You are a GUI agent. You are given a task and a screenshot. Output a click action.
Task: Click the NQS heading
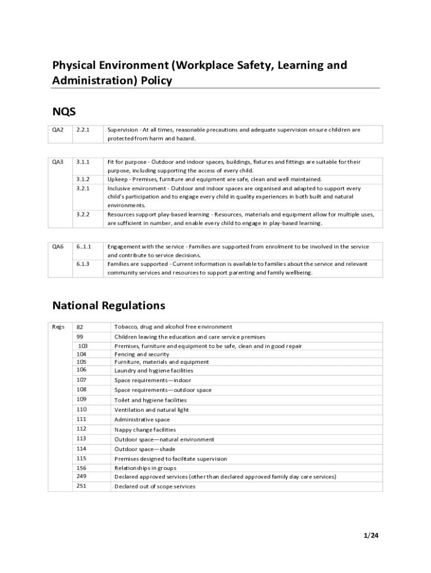64,111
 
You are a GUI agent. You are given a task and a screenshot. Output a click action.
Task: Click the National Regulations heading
109,306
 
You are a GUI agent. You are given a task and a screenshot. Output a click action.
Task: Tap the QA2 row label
58,130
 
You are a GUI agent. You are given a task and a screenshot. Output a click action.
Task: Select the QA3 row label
58,162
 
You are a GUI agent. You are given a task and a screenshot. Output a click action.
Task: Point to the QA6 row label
58,246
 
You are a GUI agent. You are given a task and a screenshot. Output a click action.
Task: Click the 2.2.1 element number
83,130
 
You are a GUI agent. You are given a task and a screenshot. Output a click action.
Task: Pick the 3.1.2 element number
83,179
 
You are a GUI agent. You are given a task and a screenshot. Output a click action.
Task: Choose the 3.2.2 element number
83,214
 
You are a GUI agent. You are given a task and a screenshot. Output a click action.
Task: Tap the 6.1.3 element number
83,264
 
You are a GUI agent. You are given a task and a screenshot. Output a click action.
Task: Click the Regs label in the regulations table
59,327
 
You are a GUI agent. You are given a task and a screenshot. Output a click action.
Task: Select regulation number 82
80,327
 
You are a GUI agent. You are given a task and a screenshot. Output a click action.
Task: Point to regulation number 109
82,400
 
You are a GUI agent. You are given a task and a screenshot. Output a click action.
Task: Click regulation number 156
82,468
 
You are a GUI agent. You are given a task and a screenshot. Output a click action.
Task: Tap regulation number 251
82,486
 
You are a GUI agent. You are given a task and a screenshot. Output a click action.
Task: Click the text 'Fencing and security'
142,354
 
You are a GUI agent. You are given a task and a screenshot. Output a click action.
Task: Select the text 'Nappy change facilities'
145,430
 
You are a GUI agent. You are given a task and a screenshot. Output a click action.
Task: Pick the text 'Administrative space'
142,420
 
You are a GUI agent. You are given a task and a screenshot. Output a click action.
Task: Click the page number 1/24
371,536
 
